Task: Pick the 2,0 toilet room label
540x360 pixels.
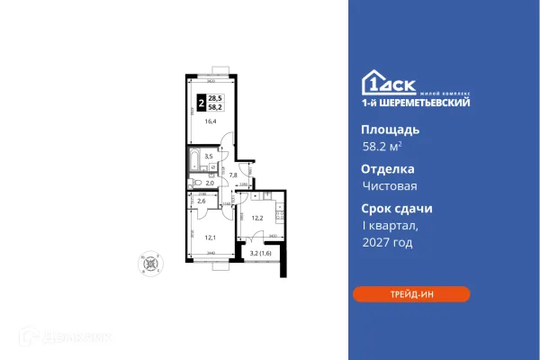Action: click(x=209, y=183)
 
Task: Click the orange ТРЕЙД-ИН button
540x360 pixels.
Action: click(x=410, y=294)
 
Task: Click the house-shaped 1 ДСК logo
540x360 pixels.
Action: click(x=375, y=82)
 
